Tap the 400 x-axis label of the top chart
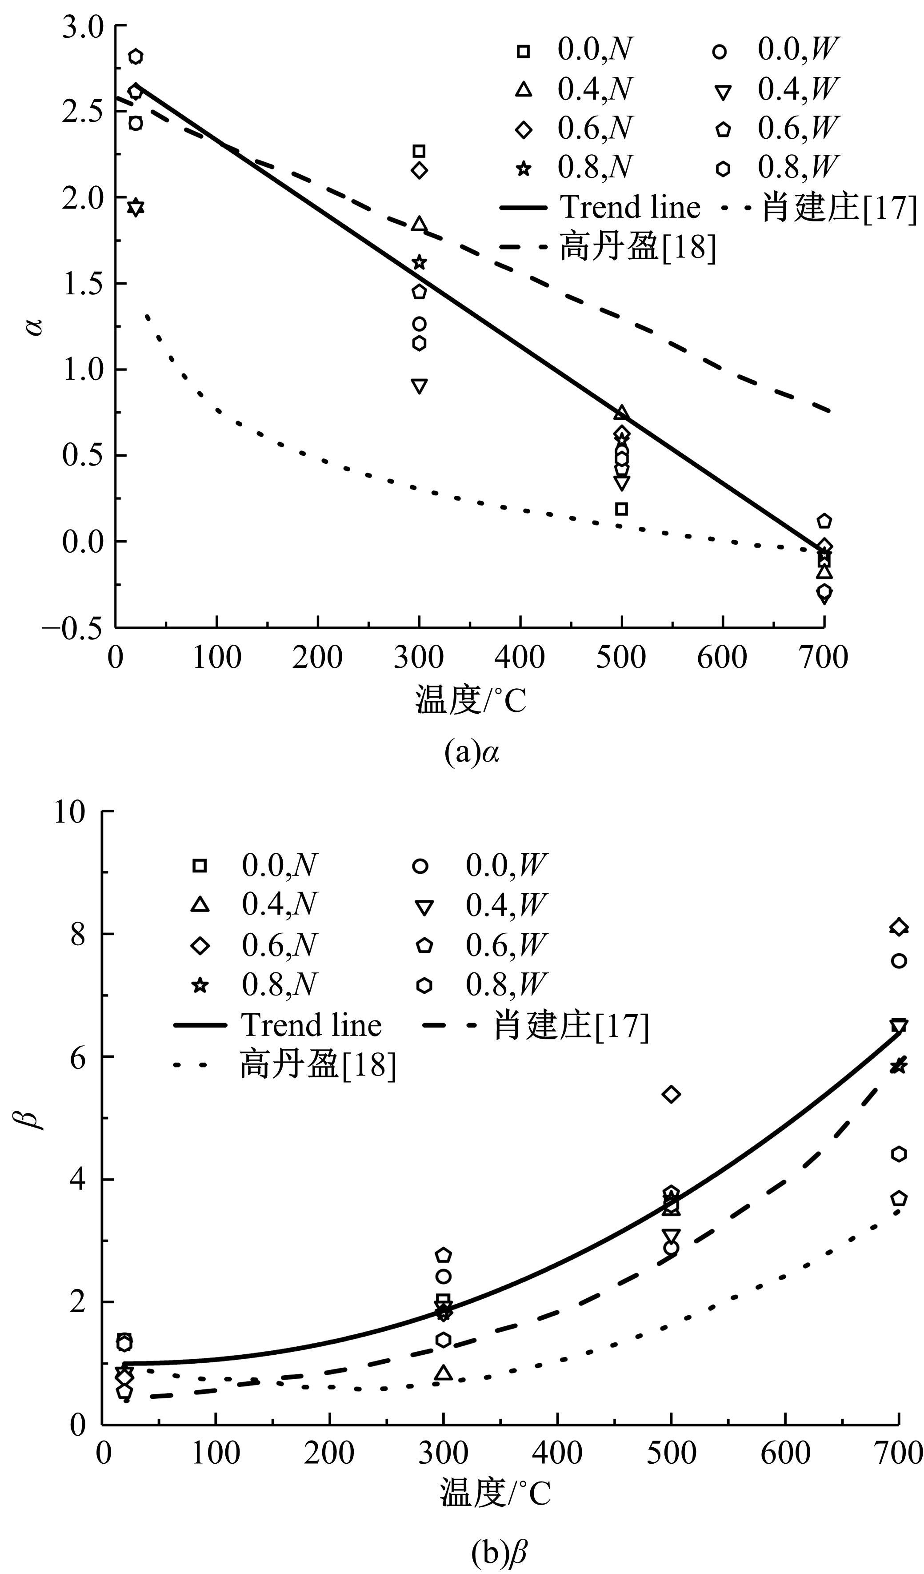point(520,658)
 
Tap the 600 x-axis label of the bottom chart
point(785,1454)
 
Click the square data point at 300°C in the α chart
point(419,151)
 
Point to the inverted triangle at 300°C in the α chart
point(420,386)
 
